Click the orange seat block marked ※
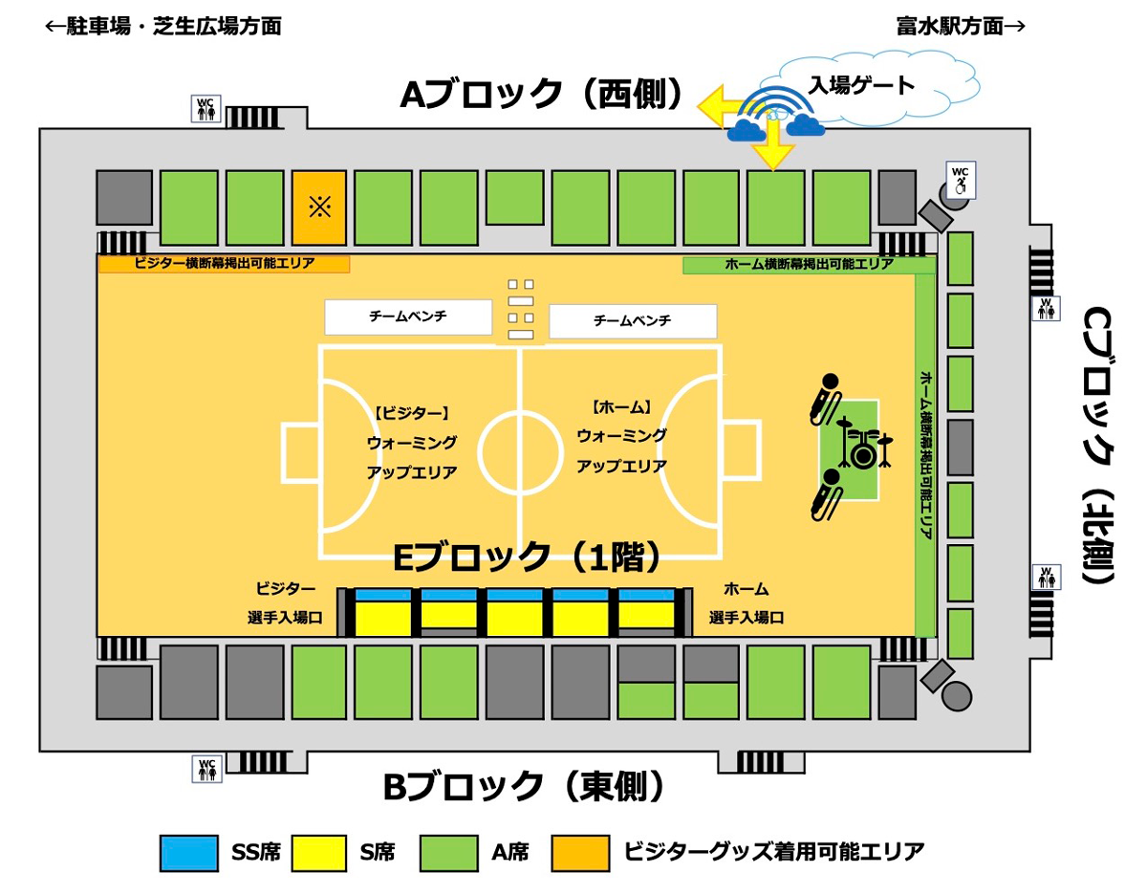(319, 207)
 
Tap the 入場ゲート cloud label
(861, 85)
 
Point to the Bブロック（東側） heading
(524, 787)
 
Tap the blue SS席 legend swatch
(189, 852)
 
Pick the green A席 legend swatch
(449, 852)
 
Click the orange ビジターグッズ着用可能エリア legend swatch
(580, 852)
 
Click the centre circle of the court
(519, 451)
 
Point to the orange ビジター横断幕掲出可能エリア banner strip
(224, 264)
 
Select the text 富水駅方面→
(961, 26)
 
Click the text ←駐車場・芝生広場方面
(163, 26)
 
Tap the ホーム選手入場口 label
(746, 603)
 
